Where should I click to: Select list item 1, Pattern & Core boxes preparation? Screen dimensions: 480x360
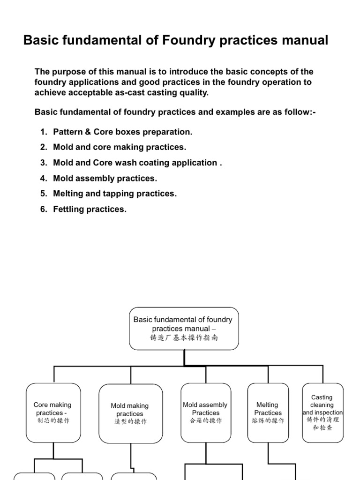(x=122, y=132)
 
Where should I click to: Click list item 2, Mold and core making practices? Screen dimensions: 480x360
(x=120, y=147)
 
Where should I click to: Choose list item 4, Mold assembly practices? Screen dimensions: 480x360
(x=105, y=178)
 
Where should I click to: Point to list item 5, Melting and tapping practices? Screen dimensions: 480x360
(x=115, y=194)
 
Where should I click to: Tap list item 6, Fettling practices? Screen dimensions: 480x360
(x=90, y=209)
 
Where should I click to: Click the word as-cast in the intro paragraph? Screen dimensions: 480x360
(x=117, y=92)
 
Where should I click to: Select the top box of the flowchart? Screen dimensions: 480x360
(x=183, y=328)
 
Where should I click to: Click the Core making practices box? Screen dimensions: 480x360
(x=53, y=412)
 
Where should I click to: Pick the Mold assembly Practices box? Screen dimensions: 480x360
(x=205, y=412)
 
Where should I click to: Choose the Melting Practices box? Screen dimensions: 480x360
(x=268, y=412)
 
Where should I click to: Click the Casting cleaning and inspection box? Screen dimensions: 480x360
(x=322, y=412)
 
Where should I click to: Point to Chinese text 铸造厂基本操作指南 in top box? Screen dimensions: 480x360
(x=184, y=337)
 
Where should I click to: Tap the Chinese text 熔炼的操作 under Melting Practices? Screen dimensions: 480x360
(x=268, y=421)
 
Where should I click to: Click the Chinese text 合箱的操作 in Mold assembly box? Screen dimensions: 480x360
(x=206, y=421)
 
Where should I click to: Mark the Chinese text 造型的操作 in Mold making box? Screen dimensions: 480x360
(x=130, y=422)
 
